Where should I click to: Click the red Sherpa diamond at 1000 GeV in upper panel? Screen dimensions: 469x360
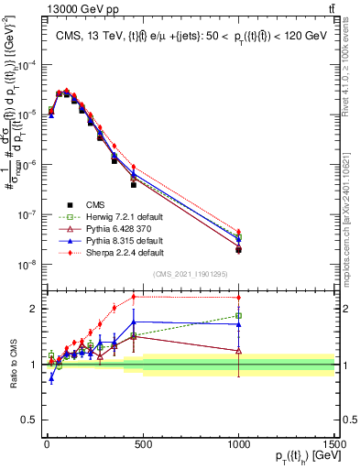238,232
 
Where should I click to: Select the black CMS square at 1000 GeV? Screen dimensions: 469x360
238,249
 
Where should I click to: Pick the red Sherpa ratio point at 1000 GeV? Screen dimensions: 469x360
238,298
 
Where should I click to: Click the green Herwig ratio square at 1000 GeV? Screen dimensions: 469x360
238,316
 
